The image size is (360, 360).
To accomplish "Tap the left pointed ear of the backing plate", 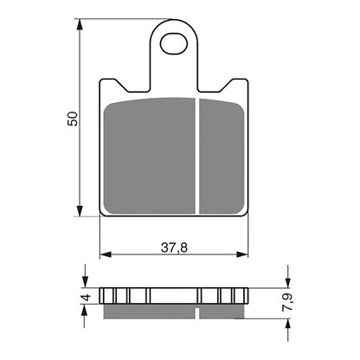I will point(109,83).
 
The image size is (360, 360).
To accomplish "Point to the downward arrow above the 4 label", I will point(84,279).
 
